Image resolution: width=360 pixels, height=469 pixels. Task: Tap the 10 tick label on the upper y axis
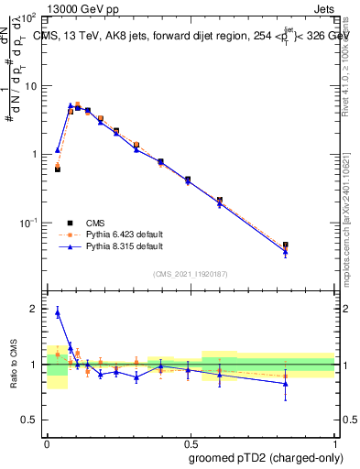click(x=30, y=86)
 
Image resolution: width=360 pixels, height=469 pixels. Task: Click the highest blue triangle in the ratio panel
click(x=58, y=312)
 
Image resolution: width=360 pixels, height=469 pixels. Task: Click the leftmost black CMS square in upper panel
click(x=58, y=169)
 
